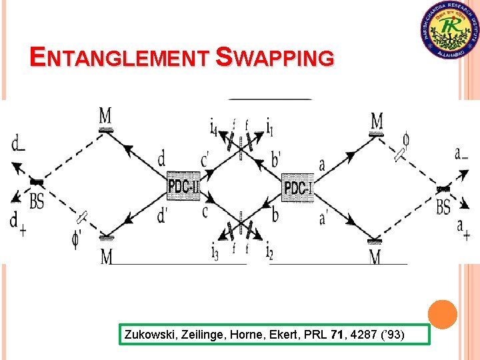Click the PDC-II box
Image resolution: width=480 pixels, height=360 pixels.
point(183,186)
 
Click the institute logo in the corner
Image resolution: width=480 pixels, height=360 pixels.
point(450,31)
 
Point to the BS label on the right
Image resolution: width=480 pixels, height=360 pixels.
point(443,207)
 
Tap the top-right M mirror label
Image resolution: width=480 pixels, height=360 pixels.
point(377,121)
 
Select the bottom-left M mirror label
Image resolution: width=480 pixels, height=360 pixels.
point(107,257)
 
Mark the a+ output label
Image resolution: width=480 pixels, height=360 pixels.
point(462,231)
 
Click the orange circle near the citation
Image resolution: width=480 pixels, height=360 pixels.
point(442,314)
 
